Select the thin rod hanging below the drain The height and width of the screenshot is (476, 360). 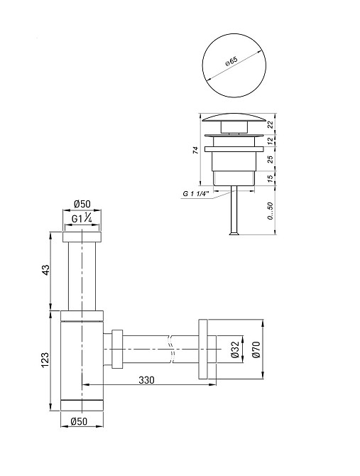click(x=231, y=213)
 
